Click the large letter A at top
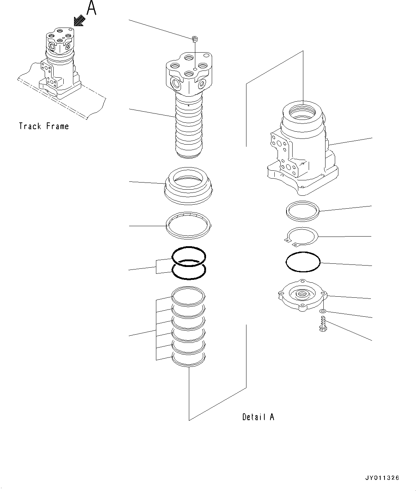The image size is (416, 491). (x=92, y=8)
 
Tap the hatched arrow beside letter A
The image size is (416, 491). (x=79, y=21)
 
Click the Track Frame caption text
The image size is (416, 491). (x=44, y=126)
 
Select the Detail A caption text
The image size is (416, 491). (x=258, y=417)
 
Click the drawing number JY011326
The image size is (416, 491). (x=382, y=478)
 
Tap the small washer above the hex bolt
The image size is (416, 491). (x=323, y=311)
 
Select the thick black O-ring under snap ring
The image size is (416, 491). (x=303, y=263)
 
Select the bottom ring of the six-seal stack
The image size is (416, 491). (x=189, y=359)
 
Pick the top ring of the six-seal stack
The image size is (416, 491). (x=189, y=296)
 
